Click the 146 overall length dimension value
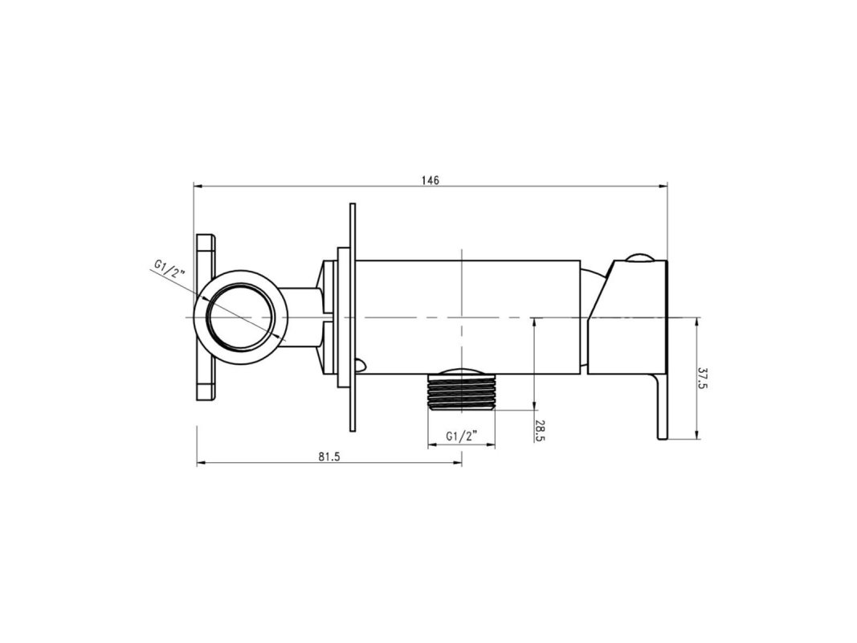coord(431,180)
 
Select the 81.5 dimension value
coord(329,457)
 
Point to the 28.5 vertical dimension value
coord(540,430)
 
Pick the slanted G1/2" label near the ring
coord(170,269)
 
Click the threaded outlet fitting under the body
coord(462,389)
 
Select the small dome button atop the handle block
coord(638,257)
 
